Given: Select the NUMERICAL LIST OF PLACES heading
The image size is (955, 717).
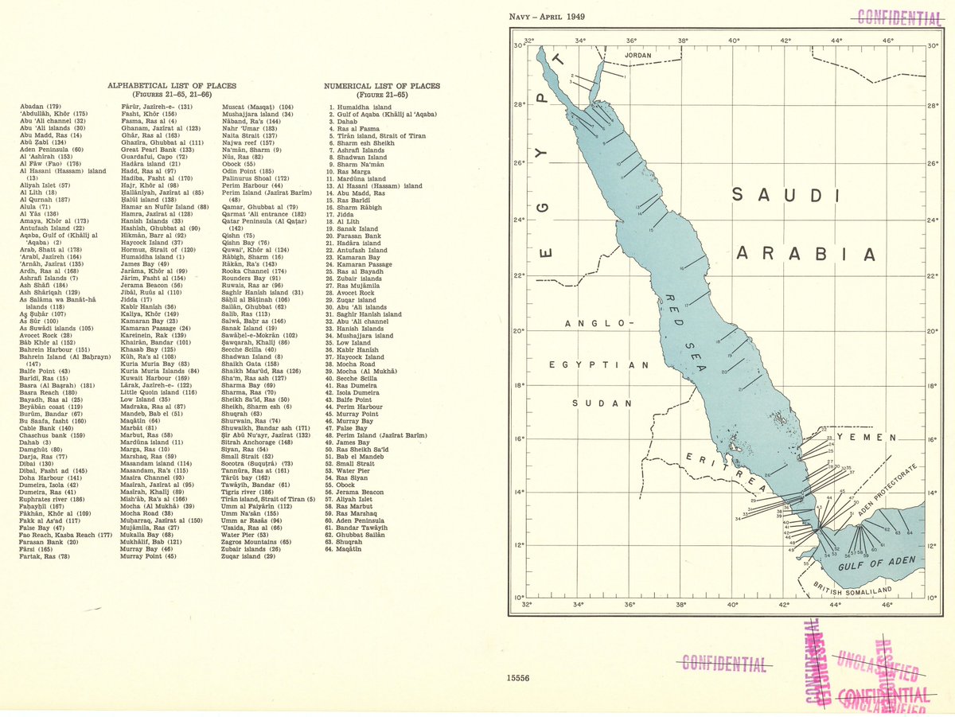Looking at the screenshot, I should [x=381, y=86].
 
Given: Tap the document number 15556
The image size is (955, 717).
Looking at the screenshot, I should [x=518, y=678].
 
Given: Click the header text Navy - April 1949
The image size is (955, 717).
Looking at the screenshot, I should [x=547, y=17].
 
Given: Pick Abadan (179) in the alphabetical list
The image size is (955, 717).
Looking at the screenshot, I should [x=41, y=106].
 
